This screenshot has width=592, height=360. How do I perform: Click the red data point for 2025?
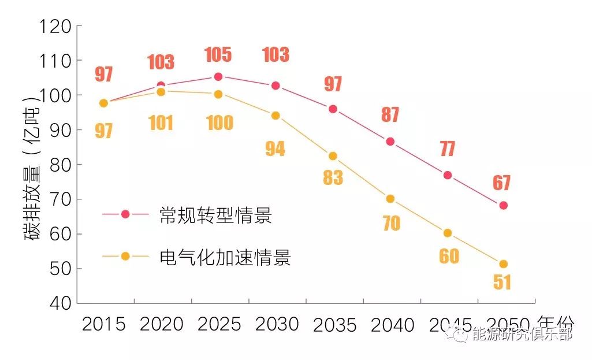[218, 77]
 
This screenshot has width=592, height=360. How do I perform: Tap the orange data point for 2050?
[503, 264]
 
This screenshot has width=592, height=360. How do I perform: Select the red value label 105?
[218, 55]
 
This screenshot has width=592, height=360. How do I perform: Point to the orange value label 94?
[275, 149]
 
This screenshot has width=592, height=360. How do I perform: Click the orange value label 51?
[502, 282]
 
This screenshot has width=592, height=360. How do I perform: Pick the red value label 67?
[502, 183]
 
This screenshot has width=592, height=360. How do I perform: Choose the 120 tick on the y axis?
[57, 27]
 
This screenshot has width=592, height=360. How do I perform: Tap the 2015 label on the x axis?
[104, 324]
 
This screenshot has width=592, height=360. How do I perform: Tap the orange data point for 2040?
[390, 199]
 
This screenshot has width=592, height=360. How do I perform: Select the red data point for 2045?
[448, 175]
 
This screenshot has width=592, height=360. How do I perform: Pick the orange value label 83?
[333, 177]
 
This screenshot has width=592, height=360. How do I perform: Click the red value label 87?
[390, 114]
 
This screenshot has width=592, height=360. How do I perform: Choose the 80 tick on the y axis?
[57, 165]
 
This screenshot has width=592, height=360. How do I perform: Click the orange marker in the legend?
[125, 257]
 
